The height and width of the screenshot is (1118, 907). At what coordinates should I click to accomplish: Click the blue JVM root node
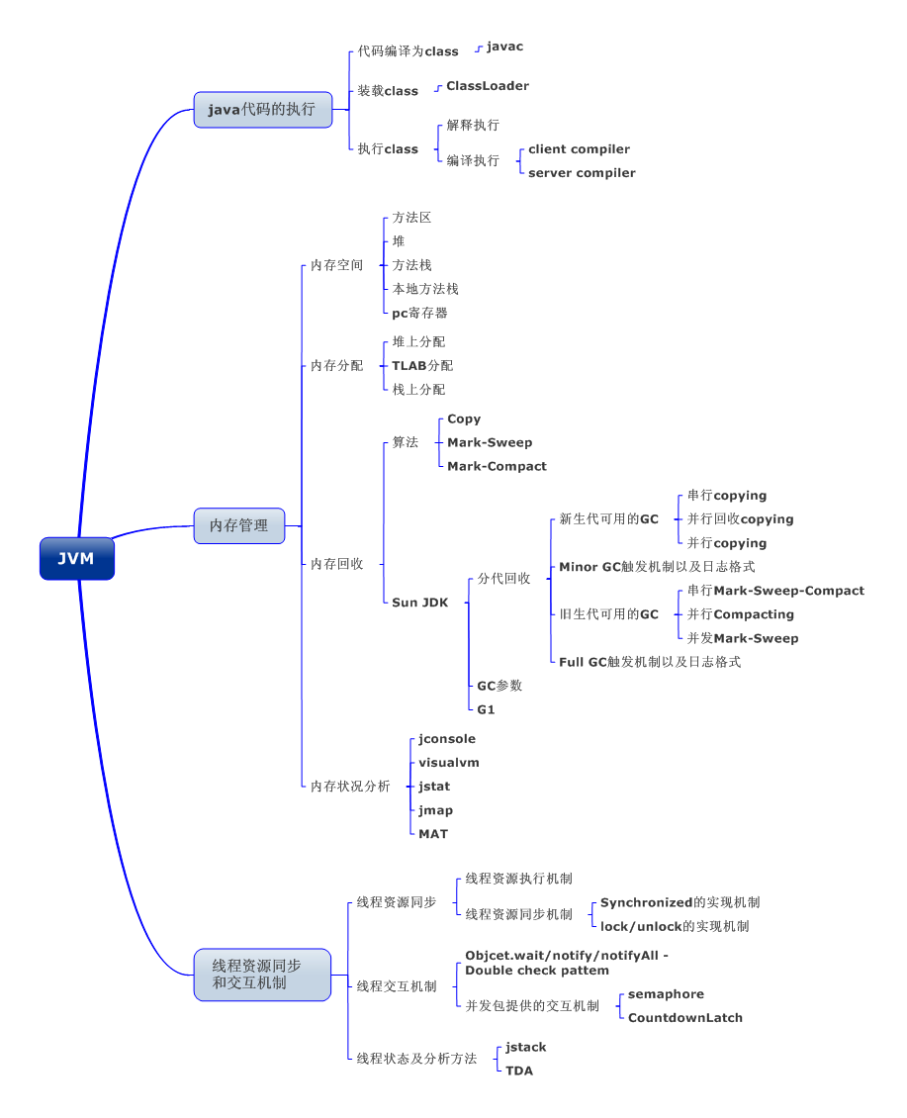click(76, 558)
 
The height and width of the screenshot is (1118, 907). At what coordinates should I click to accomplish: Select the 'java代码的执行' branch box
click(262, 109)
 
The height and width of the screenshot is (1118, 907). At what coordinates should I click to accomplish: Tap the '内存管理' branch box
click(238, 525)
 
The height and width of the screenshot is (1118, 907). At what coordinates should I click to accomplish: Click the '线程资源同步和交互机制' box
click(261, 974)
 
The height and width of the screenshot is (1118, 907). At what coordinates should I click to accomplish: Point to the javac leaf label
click(504, 47)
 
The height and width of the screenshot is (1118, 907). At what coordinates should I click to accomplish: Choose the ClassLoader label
click(487, 86)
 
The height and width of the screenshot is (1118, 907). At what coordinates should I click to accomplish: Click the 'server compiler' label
click(582, 173)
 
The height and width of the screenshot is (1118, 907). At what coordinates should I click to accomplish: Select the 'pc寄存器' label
click(419, 313)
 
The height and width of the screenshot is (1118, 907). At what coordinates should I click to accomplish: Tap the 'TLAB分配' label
click(422, 365)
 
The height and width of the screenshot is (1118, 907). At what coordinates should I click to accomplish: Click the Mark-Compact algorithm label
click(497, 466)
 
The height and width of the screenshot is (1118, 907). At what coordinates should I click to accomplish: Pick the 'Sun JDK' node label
click(419, 603)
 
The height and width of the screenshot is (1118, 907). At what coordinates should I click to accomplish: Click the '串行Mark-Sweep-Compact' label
click(775, 591)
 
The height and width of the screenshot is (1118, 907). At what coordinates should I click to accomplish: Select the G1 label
click(486, 709)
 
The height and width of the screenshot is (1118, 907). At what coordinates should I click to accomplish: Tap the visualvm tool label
click(448, 763)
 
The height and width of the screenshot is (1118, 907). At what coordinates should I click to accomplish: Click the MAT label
click(433, 834)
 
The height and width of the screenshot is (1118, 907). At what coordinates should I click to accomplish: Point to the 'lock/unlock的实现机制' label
click(675, 926)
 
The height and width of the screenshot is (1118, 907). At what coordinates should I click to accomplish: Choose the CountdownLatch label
click(684, 1017)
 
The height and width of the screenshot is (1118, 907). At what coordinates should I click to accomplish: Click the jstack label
click(525, 1047)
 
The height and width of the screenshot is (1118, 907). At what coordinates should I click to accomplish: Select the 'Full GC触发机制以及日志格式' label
click(650, 662)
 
